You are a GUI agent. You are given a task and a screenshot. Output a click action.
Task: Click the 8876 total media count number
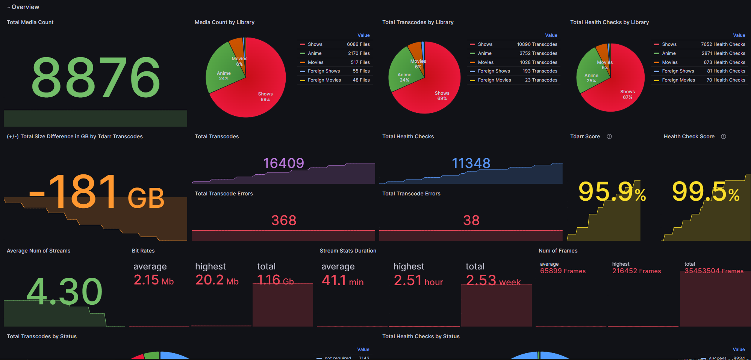(x=96, y=77)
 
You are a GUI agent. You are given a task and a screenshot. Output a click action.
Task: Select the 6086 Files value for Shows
(x=358, y=44)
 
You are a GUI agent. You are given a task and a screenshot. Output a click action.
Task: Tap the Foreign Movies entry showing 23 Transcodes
(x=494, y=80)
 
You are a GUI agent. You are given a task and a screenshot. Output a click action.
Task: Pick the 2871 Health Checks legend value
(x=723, y=53)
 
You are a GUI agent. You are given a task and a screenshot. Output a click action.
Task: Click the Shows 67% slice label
(x=627, y=94)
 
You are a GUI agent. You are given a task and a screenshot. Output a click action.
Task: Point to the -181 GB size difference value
(x=97, y=192)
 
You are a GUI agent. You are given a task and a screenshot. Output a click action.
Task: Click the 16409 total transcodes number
(x=283, y=163)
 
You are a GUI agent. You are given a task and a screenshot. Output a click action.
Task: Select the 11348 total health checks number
(x=471, y=163)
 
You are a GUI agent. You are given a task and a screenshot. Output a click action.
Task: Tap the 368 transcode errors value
(x=284, y=220)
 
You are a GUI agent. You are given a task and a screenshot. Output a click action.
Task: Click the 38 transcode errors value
(x=471, y=220)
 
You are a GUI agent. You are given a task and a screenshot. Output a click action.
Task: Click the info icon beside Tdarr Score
(x=609, y=136)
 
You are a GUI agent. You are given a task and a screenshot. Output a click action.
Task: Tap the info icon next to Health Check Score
(x=724, y=136)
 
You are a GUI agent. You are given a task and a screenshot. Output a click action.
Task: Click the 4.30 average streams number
(x=64, y=292)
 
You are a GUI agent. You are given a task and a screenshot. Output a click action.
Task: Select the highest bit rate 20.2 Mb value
(x=217, y=280)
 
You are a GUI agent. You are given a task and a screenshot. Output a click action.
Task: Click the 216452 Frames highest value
(x=636, y=271)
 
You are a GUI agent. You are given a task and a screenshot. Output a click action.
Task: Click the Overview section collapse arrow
(x=8, y=7)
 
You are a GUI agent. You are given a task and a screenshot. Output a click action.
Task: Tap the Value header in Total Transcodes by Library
(x=551, y=35)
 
